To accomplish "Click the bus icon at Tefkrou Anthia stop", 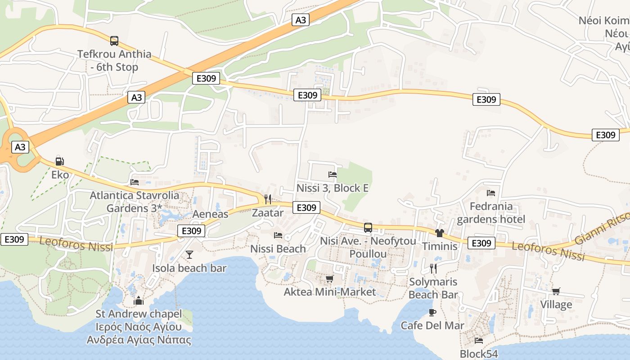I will (x=114, y=41).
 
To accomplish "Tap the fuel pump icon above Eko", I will (x=59, y=161).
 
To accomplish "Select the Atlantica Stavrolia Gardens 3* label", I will (x=134, y=202).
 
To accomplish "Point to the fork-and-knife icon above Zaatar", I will (x=268, y=199).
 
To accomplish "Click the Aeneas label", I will (x=210, y=214).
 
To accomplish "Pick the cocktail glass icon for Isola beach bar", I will (x=189, y=255).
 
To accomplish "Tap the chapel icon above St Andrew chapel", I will (x=139, y=300).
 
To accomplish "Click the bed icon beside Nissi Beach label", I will (x=278, y=235).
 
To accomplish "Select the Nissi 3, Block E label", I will (x=333, y=188).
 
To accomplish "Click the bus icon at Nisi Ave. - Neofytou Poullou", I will (x=368, y=228).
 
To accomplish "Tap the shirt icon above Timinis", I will (x=439, y=233).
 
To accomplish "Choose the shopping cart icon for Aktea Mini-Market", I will (x=329, y=279).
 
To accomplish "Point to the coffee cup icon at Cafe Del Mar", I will (x=432, y=312).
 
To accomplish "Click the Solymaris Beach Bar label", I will (x=433, y=288).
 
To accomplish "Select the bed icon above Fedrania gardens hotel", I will (x=491, y=193).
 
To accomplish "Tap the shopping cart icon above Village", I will (x=556, y=292).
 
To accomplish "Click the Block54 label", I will (x=479, y=354).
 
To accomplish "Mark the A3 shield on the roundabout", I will (x=21, y=147).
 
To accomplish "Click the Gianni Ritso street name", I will (x=603, y=227).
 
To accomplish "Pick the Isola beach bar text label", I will (x=189, y=268).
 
